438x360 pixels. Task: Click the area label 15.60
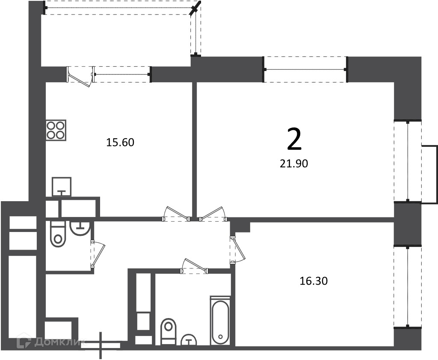point(120,143)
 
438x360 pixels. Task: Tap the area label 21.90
point(294,164)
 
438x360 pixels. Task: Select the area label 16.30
point(314,281)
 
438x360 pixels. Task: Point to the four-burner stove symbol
point(56,130)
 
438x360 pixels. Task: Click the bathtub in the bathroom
point(220,321)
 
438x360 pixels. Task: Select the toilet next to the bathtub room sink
point(169,331)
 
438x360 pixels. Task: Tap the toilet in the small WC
point(58,234)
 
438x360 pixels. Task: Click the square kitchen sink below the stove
point(62,187)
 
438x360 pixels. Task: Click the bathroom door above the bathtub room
point(194,265)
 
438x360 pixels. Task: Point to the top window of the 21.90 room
point(305,69)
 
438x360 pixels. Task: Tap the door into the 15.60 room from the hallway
point(176,214)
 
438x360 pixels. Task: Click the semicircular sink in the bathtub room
point(189,339)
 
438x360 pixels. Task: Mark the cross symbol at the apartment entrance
point(101,345)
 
